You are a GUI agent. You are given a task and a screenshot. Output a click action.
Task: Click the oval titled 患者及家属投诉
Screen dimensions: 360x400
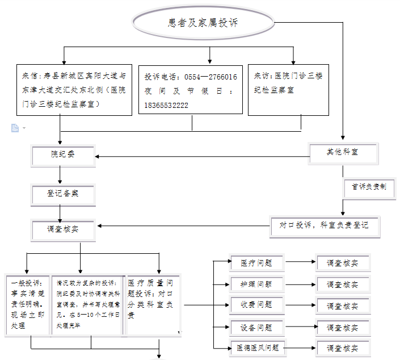[x=203, y=23]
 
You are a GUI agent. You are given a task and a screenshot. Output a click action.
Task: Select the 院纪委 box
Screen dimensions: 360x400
[x=62, y=155]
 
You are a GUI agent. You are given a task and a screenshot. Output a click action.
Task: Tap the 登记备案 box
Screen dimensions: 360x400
[x=62, y=194]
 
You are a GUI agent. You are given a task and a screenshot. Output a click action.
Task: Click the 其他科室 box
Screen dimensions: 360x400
[x=343, y=152]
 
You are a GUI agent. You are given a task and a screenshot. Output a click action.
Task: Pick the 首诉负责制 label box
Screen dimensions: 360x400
[x=369, y=187]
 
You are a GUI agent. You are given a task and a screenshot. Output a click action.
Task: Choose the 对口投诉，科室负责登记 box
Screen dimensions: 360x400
[x=323, y=225]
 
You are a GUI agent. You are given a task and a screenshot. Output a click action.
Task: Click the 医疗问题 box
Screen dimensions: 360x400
[x=256, y=263]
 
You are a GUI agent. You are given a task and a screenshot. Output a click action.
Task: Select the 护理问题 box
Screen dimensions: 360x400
[x=256, y=284]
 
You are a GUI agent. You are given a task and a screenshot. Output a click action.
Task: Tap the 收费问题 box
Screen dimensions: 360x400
[x=256, y=305]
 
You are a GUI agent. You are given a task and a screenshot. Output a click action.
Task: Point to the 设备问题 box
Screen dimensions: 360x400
[x=256, y=328]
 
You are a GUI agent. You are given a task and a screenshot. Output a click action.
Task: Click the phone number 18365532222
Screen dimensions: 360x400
[x=166, y=106]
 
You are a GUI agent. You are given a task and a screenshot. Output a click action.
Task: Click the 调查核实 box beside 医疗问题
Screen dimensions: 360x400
[x=342, y=263]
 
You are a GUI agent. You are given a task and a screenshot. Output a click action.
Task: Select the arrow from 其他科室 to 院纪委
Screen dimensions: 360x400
[x=201, y=156]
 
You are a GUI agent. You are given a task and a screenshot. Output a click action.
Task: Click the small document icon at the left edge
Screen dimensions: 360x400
[x=15, y=128]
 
